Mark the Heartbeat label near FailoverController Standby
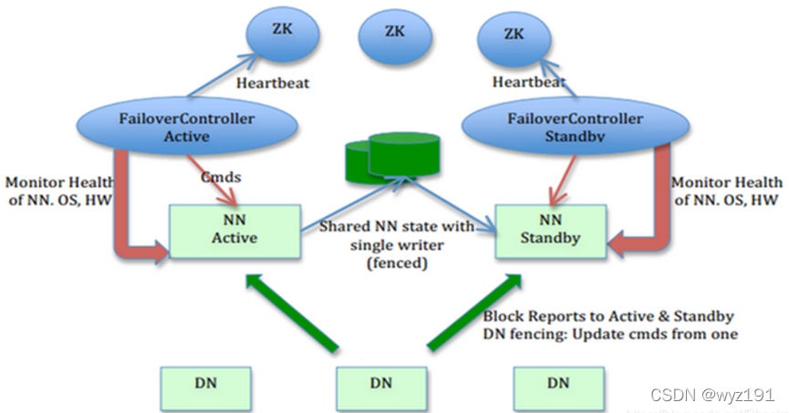[x=526, y=82]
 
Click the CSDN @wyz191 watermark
[x=712, y=395]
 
